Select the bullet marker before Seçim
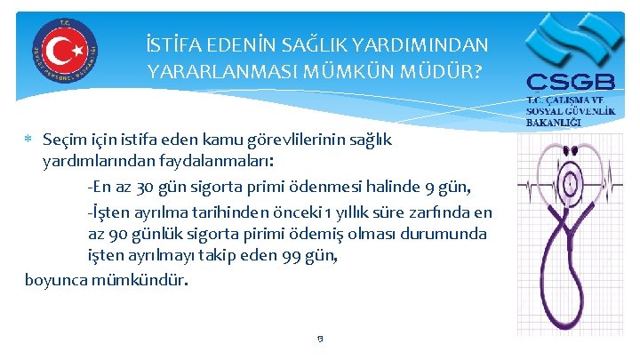[30, 140]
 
